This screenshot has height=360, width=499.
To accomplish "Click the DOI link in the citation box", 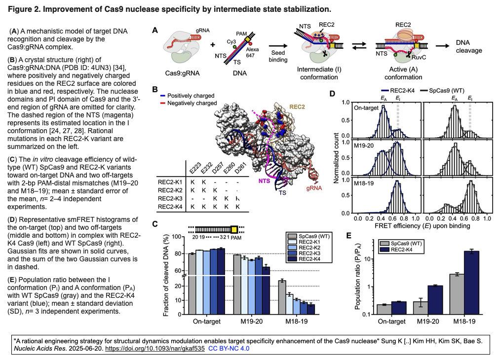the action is click(x=155, y=349).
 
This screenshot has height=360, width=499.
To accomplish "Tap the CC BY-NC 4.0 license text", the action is click(x=229, y=349).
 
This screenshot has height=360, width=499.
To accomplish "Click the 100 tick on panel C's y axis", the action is click(x=177, y=237).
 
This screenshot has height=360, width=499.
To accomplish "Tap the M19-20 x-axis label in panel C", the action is click(x=251, y=321).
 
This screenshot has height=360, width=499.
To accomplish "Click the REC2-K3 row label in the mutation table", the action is click(x=170, y=198).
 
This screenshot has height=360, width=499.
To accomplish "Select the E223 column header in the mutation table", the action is click(x=194, y=168).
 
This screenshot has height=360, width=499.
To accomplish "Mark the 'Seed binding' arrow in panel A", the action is click(x=278, y=46).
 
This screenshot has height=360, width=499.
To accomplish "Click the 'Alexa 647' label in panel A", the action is click(x=252, y=52).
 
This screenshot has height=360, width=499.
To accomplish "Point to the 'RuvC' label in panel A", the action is click(x=419, y=57).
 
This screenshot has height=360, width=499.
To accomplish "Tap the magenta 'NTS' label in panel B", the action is click(x=264, y=181).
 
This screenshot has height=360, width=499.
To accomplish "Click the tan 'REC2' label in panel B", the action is click(x=297, y=107).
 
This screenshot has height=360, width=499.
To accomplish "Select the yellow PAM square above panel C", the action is click(x=234, y=229).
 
